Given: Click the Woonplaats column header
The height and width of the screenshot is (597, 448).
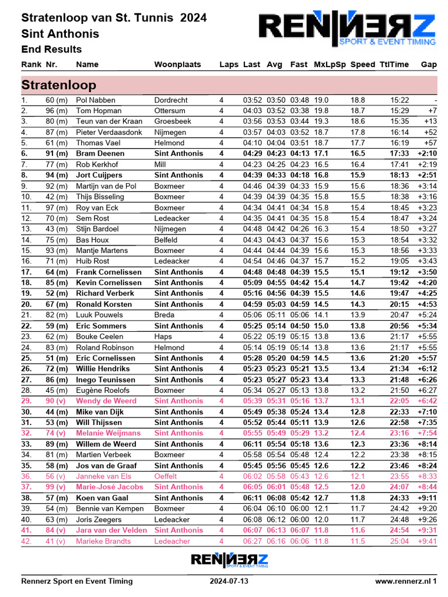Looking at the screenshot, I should tap(177, 64).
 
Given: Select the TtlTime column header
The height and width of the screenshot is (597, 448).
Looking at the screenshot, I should tap(394, 64).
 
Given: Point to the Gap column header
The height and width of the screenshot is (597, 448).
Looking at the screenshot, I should tap(429, 64).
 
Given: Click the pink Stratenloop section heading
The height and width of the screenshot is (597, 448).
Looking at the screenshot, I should tap(59, 85).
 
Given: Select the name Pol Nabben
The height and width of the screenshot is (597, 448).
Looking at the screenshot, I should tap(96, 100).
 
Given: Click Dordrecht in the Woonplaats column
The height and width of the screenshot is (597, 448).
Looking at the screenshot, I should tap(171, 100).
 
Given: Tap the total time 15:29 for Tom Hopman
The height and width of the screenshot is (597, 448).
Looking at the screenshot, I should tap(400, 111).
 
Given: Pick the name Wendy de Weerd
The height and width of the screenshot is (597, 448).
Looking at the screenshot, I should tap(106, 401).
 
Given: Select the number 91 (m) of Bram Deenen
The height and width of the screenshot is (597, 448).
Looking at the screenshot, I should tap(57, 153).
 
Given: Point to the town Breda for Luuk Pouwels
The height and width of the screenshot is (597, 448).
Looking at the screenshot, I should tap(164, 315).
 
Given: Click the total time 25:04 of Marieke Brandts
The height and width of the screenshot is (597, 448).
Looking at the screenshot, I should tap(400, 541).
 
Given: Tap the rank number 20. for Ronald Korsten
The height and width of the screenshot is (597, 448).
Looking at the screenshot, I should tap(26, 304).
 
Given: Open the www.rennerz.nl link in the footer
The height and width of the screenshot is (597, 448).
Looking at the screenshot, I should tap(405, 581).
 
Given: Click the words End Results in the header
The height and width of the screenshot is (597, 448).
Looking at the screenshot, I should tap(51, 50).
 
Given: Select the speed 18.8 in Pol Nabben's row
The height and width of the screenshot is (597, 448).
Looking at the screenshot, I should tap(358, 100).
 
